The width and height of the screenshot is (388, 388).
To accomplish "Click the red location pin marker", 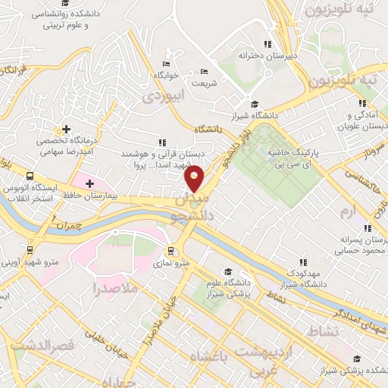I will pyautogui.click(x=195, y=179).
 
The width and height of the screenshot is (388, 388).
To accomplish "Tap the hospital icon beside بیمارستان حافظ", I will pyautogui.click(x=89, y=183).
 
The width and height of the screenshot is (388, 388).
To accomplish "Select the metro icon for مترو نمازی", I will pyautogui.click(x=172, y=250).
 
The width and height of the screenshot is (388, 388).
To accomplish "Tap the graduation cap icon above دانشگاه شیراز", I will pyautogui.click(x=255, y=104).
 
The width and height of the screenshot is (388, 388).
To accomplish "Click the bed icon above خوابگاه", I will pyautogui.click(x=167, y=64).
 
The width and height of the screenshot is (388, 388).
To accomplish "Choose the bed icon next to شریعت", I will pyautogui.click(x=204, y=71).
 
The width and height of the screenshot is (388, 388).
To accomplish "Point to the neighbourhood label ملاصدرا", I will pyautogui.click(x=114, y=289).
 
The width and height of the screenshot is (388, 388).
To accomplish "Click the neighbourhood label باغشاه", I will pyautogui.click(x=209, y=357).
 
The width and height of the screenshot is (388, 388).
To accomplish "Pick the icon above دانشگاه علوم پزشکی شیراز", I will pyautogui.click(x=227, y=272).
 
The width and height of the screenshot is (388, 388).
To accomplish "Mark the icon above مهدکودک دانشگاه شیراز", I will pyautogui.click(x=303, y=261).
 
